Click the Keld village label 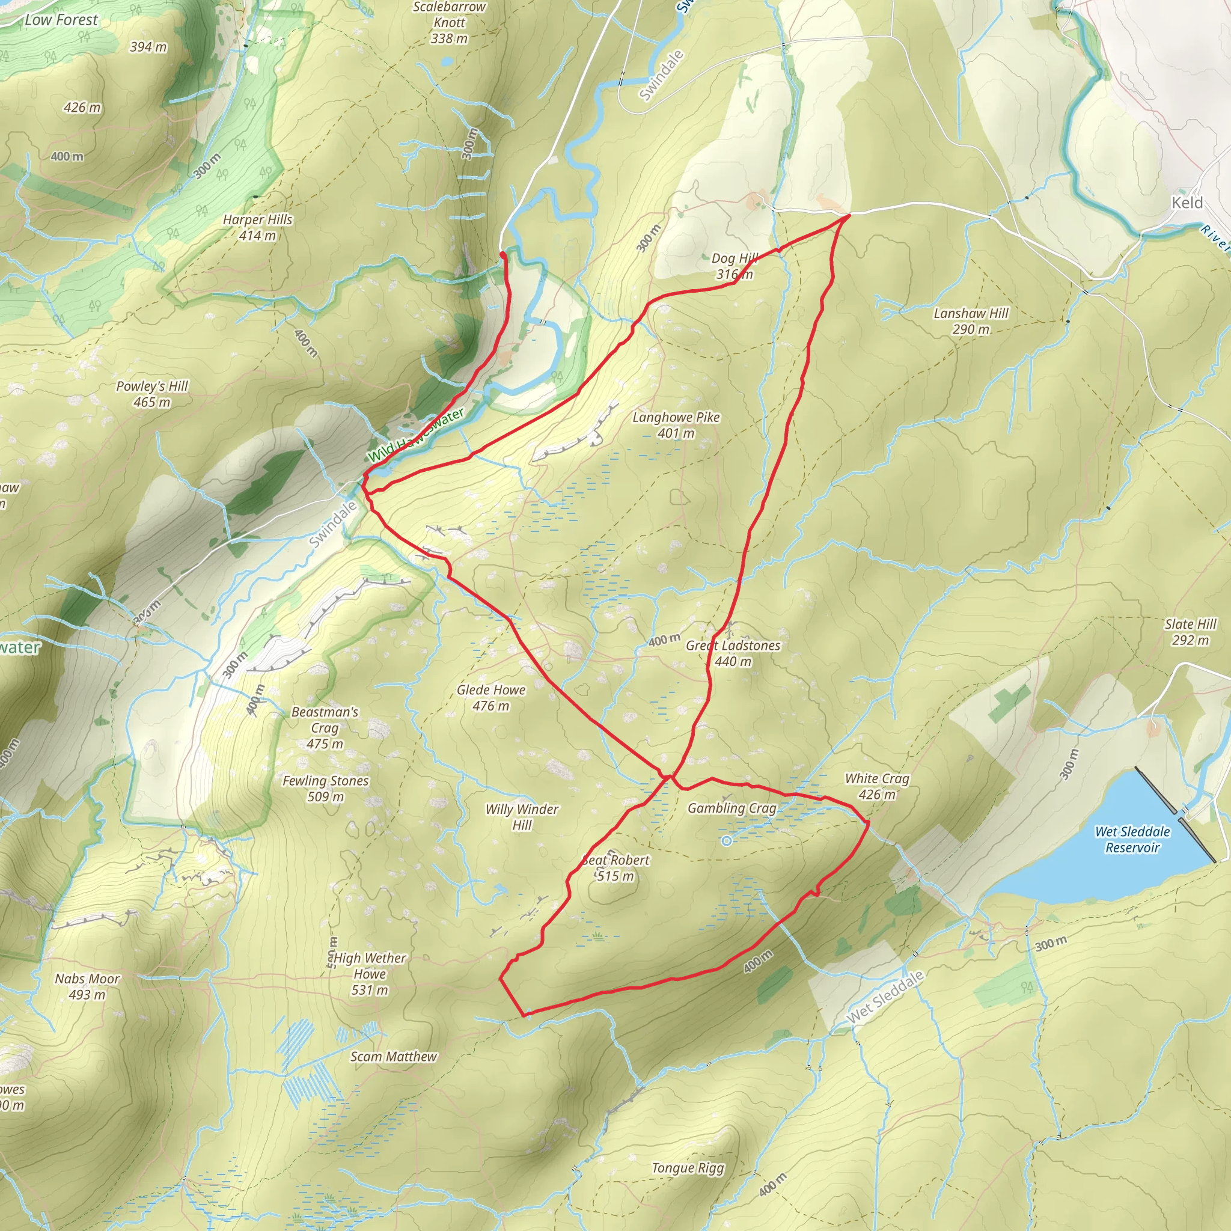pos(1187,203)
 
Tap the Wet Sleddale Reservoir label pos(1132,839)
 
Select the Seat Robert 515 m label pos(615,868)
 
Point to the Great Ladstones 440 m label pos(733,653)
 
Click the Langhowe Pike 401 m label pos(676,425)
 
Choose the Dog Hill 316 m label pos(735,266)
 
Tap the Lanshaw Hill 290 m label pos(971,321)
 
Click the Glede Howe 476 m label pos(491,698)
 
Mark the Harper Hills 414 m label pos(257,227)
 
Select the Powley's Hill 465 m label pos(152,394)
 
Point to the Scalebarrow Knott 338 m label pos(449,22)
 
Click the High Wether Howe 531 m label pos(370,974)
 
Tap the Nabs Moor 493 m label pos(87,986)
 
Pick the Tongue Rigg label pos(688,1168)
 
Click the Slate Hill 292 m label pos(1190,632)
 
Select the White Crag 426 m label pos(877,786)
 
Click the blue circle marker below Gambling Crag pos(726,841)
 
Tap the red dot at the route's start pos(502,255)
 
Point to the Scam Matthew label pos(394,1057)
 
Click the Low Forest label pos(61,20)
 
